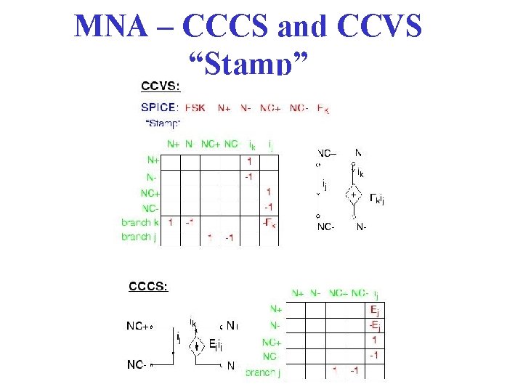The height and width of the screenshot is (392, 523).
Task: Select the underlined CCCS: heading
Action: coord(148,286)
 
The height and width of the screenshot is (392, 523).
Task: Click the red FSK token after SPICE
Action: coord(195,107)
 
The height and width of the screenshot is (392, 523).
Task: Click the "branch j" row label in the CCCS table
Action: coord(262,372)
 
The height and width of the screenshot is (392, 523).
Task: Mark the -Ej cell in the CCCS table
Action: coord(373,324)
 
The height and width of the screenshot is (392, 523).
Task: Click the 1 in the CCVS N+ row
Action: coord(249,161)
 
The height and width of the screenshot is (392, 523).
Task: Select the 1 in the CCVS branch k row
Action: coord(170,222)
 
